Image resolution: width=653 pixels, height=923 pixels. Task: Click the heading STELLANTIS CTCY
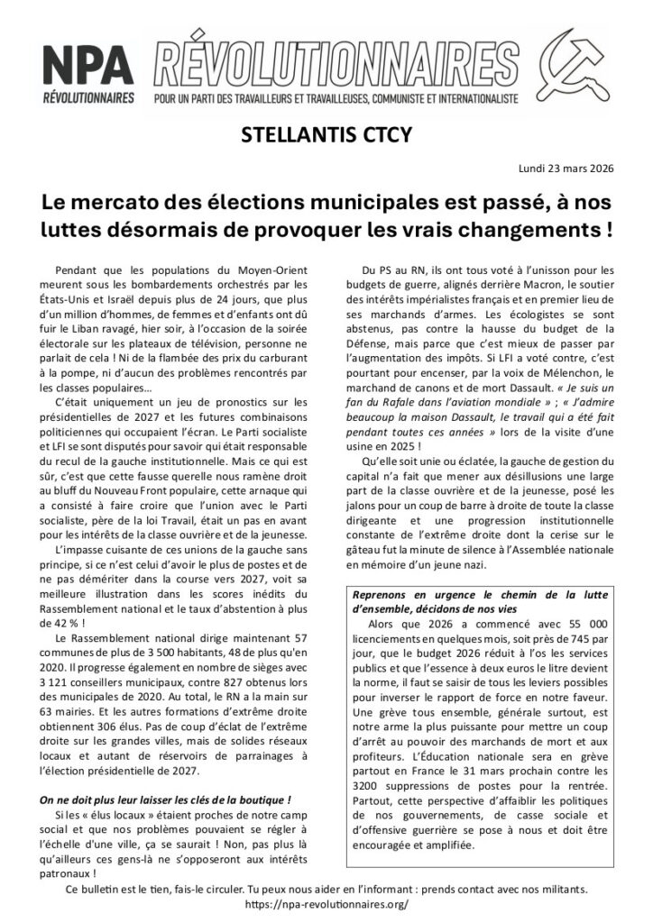326,134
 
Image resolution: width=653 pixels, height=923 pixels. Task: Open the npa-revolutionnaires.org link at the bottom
326,903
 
